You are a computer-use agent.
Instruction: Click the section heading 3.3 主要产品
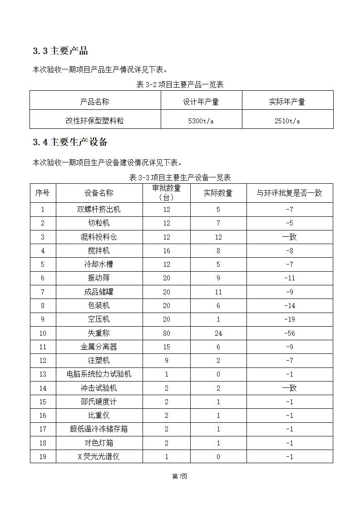(60, 51)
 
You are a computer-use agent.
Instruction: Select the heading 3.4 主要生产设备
(70, 142)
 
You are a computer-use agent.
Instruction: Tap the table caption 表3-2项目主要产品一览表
(180, 85)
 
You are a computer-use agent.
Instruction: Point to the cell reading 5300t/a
(201, 121)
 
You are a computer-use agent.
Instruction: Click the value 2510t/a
(287, 121)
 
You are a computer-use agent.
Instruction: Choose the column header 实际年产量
(287, 102)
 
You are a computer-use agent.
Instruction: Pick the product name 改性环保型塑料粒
(95, 121)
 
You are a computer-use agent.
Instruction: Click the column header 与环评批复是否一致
(289, 193)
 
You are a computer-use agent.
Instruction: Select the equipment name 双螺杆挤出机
(99, 210)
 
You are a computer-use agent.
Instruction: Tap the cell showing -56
(289, 333)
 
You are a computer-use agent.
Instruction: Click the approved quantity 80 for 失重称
(167, 333)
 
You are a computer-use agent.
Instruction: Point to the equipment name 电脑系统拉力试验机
(99, 374)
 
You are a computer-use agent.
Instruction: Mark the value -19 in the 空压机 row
(289, 319)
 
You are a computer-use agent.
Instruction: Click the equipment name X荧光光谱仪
(99, 457)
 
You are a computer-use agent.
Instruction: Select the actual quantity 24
(218, 333)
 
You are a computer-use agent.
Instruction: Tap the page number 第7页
(180, 476)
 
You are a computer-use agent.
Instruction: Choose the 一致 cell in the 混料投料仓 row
(289, 237)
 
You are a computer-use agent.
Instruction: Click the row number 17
(43, 429)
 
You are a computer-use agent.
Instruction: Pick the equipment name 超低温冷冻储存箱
(99, 429)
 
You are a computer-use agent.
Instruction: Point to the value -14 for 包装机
(289, 306)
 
